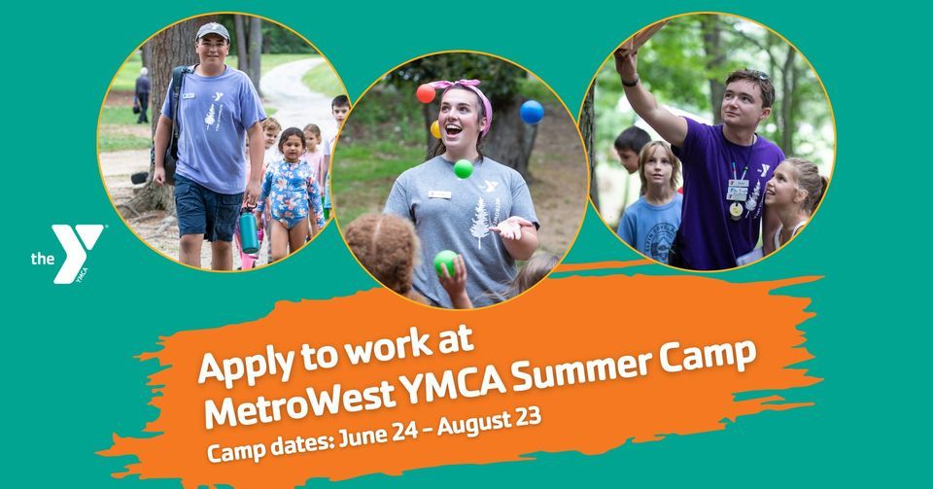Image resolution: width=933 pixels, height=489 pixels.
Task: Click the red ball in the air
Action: (426, 93)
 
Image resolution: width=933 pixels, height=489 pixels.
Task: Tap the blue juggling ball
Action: (532, 112)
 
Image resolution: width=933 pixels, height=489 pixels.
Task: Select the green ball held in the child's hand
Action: (445, 262)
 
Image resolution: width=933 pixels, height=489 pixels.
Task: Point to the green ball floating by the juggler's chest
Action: (464, 168)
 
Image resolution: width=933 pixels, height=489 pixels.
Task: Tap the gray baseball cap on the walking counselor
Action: (212, 31)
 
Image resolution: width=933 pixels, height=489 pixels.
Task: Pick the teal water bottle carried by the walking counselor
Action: (249, 231)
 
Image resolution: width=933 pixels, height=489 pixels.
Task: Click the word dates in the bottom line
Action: (302, 439)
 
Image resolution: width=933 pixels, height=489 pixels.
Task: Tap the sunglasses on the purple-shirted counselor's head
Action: (754, 74)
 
